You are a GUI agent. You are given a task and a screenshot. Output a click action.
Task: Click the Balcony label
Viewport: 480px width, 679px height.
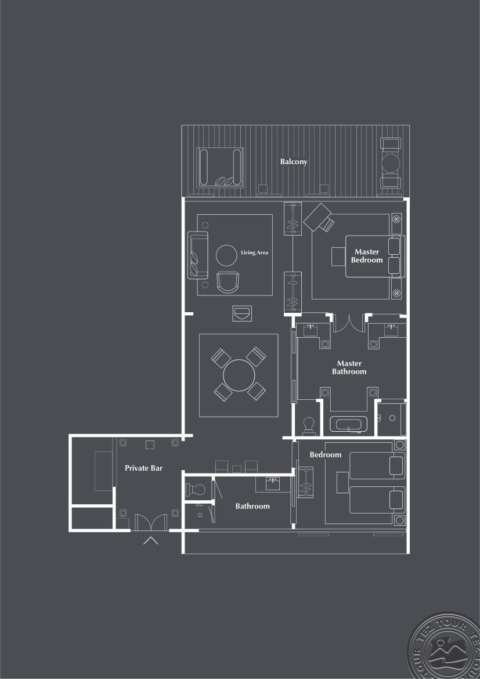tap(293, 161)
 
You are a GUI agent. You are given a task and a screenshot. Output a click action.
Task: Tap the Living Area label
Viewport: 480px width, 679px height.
tap(254, 252)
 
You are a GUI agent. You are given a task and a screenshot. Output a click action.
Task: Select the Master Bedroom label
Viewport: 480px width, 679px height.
tap(366, 255)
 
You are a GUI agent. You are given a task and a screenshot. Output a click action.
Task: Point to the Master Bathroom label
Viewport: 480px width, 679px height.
tap(349, 367)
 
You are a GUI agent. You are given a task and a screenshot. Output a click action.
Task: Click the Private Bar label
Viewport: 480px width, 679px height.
tap(143, 468)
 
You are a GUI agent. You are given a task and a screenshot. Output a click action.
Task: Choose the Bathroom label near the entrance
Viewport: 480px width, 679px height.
tap(252, 506)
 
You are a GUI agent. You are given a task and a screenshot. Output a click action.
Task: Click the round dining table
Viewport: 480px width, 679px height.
tap(239, 375)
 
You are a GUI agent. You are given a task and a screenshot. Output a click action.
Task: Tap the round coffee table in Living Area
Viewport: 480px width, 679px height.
tap(226, 255)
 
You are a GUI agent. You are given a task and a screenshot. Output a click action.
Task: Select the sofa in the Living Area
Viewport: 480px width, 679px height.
tap(197, 255)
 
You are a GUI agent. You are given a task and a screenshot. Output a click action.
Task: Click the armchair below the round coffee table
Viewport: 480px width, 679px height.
tap(228, 282)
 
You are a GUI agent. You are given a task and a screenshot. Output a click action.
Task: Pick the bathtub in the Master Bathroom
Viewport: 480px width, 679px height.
tap(348, 424)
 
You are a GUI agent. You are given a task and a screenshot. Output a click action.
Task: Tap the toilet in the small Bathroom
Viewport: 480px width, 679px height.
tap(195, 490)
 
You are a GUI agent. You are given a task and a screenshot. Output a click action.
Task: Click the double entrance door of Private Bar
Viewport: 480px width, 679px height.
tap(151, 522)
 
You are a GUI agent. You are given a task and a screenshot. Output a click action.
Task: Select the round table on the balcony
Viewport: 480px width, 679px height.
tap(391, 163)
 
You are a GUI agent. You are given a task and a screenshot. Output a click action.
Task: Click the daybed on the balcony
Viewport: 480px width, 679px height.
tap(219, 167)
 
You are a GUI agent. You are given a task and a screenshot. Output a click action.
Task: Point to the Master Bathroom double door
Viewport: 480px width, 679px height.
tap(349, 323)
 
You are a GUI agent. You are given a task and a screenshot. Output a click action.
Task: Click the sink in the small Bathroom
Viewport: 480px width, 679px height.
tap(273, 483)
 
